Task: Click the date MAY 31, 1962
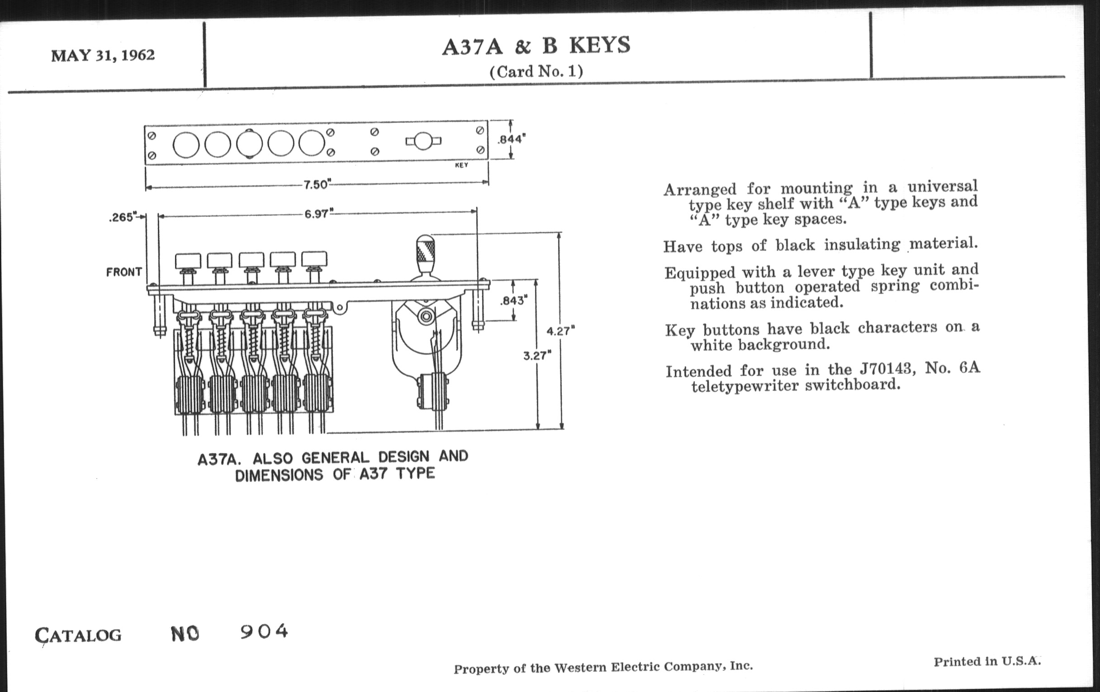tap(103, 55)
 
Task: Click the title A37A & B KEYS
tap(536, 46)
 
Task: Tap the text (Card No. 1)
tap(536, 71)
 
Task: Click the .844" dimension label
tap(512, 139)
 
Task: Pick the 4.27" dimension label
tap(561, 331)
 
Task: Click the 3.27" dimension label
tap(537, 355)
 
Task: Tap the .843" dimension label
tap(514, 301)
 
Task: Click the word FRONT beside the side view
tap(124, 272)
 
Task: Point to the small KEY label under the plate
tap(461, 165)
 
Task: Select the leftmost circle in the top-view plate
tap(186, 144)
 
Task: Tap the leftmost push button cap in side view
tap(188, 261)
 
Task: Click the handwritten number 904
tap(265, 631)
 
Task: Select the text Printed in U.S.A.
tap(987, 661)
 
